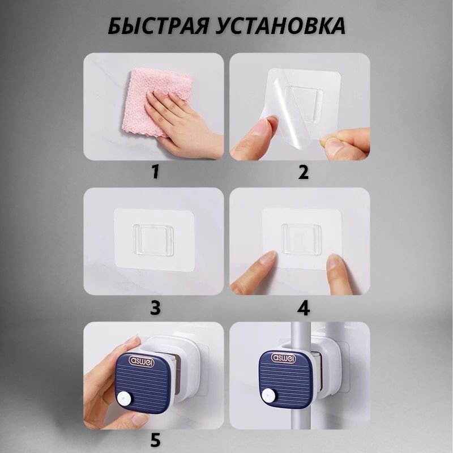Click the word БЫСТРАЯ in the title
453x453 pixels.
(x=157, y=26)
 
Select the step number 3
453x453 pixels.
(x=155, y=308)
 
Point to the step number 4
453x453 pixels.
(x=304, y=308)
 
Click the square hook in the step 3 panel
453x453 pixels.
(x=154, y=241)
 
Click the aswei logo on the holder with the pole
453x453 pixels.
(x=283, y=358)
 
